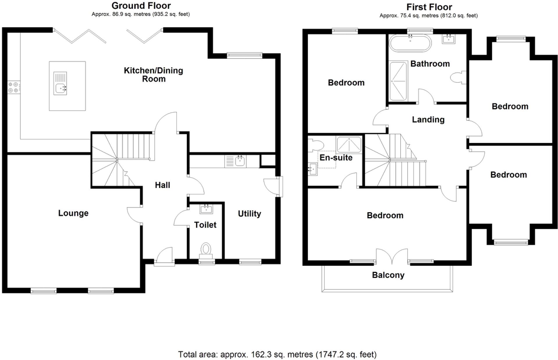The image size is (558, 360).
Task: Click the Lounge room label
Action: point(73,213)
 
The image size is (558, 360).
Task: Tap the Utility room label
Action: point(249,214)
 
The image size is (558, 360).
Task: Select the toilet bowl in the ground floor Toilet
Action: point(206,249)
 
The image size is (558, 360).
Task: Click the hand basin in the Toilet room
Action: point(206,209)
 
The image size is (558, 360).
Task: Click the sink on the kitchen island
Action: point(61,87)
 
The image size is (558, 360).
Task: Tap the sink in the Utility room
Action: point(240,161)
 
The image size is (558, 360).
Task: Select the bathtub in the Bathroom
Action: point(410,43)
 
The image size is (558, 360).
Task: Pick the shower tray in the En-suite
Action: point(349,144)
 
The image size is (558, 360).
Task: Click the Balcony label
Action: point(388,275)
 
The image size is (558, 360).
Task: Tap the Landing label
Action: point(428,120)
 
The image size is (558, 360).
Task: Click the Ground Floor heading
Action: point(141,6)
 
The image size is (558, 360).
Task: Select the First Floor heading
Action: point(429,7)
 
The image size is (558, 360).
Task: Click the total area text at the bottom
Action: point(277,354)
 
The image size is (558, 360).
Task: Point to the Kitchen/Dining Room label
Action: point(153,74)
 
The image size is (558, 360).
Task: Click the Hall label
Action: point(162,185)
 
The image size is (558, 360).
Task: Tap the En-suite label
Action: point(336,158)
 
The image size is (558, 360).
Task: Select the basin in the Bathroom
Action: point(448,39)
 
